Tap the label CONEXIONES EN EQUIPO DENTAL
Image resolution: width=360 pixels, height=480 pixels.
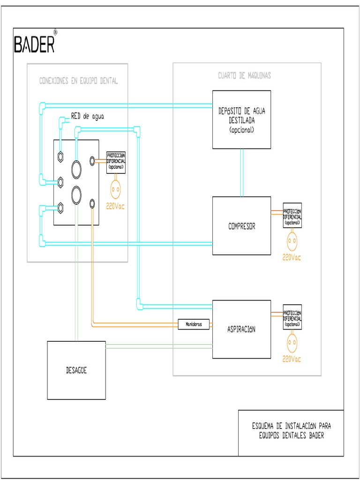pyautogui.click(x=78, y=81)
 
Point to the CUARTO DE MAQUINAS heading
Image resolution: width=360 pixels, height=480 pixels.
pyautogui.click(x=244, y=75)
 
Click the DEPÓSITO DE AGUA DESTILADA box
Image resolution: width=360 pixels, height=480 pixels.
pyautogui.click(x=241, y=120)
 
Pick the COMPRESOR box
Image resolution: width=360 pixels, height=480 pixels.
pyautogui.click(x=241, y=226)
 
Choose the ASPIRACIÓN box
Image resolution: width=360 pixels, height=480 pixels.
pyautogui.click(x=241, y=329)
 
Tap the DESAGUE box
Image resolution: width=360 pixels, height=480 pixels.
pyautogui.click(x=76, y=370)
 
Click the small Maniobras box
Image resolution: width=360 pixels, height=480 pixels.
pyautogui.click(x=194, y=324)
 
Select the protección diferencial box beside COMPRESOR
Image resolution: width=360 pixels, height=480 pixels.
pyautogui.click(x=292, y=216)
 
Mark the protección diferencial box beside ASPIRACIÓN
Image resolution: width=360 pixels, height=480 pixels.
pyautogui.click(x=292, y=317)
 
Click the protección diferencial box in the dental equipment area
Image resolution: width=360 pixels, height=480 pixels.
pyautogui.click(x=116, y=161)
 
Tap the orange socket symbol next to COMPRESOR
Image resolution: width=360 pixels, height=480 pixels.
pyautogui.click(x=292, y=241)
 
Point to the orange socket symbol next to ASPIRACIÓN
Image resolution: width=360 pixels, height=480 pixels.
pyautogui.click(x=292, y=344)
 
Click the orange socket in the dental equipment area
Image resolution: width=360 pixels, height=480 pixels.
pyautogui.click(x=116, y=189)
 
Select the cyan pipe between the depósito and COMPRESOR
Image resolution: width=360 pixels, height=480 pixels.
pyautogui.click(x=241, y=172)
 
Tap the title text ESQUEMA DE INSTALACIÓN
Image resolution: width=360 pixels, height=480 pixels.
pyautogui.click(x=291, y=426)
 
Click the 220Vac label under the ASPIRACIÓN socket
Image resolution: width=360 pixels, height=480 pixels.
pyautogui.click(x=292, y=359)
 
